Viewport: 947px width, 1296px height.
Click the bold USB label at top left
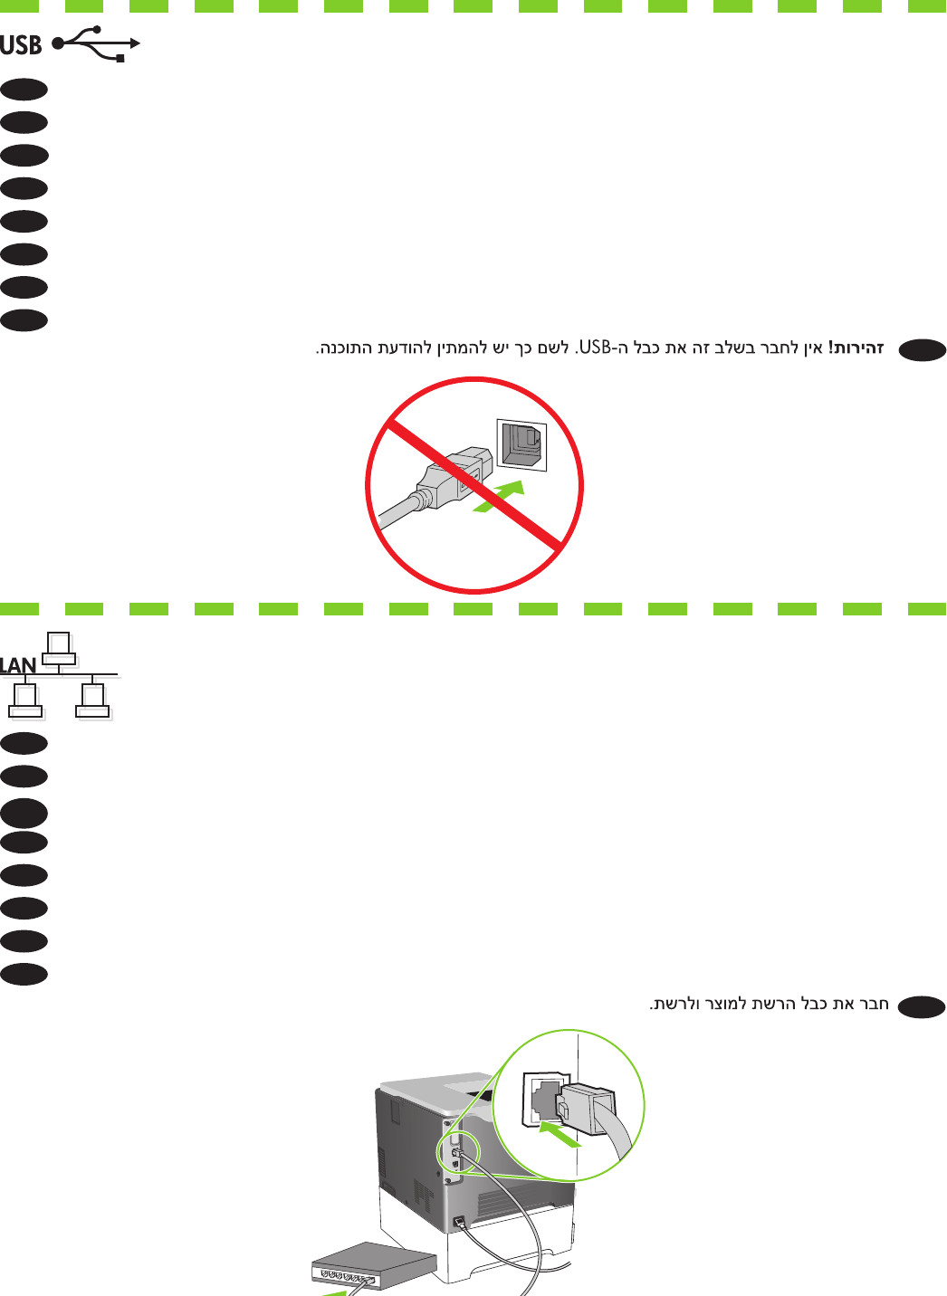21,44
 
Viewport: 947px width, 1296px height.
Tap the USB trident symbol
96,43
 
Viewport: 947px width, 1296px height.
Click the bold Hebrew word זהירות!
856,348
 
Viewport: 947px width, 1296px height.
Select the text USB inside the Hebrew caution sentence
596,348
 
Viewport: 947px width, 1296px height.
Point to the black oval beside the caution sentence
922,350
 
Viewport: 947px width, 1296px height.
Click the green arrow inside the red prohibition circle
499,497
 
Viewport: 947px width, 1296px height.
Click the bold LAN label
18,666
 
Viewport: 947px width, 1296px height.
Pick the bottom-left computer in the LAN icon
25,700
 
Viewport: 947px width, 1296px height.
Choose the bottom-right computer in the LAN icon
93,700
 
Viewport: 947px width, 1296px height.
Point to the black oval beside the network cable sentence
922,1006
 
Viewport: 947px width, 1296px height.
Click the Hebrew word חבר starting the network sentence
874,1004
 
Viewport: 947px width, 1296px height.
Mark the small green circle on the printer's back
452,1151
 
